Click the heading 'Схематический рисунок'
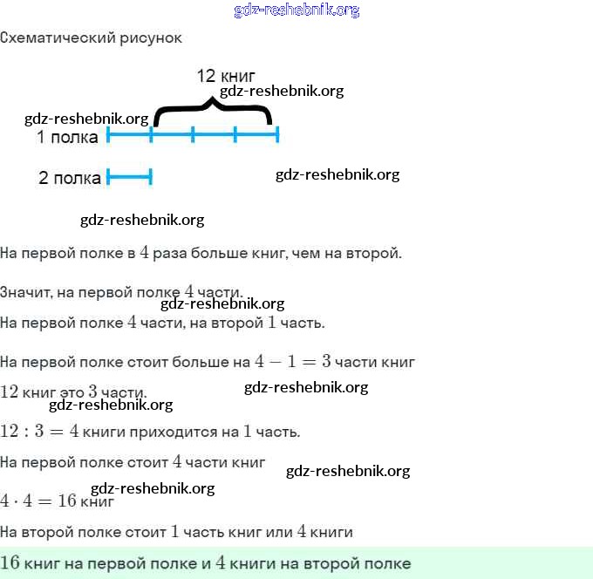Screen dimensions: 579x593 [x=91, y=38]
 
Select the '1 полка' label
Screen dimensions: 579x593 [x=67, y=137]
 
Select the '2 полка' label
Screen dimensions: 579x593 [x=70, y=179]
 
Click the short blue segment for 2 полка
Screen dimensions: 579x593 [x=129, y=178]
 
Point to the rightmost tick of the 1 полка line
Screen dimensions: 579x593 [x=277, y=134]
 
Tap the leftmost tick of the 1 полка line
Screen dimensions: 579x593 [x=108, y=134]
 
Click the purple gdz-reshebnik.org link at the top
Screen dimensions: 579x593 [x=296, y=10]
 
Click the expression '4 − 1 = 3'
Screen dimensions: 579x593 [x=292, y=361]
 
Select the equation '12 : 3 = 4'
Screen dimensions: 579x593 [x=39, y=432]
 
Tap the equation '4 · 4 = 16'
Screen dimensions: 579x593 [x=38, y=501]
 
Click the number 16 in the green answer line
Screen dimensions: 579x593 [x=11, y=563]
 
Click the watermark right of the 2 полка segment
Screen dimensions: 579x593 [x=337, y=174]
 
